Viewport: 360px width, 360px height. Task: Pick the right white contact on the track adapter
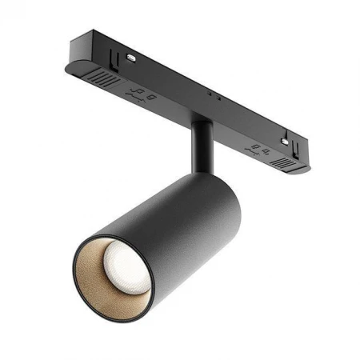click(283, 142)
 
